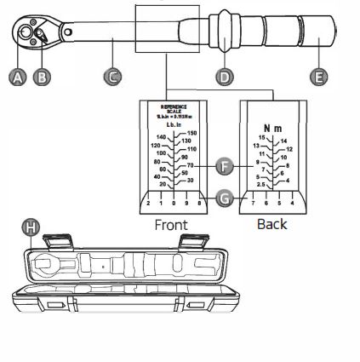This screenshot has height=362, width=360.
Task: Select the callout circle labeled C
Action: pos(112,77)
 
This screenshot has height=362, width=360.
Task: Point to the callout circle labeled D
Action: pos(224,77)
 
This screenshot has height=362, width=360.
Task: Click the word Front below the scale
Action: pos(171,224)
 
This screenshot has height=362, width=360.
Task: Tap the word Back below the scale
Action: pos(271,224)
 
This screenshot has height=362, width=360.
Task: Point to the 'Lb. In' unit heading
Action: pos(174,124)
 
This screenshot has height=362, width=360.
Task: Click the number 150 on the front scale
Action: pos(191,133)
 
